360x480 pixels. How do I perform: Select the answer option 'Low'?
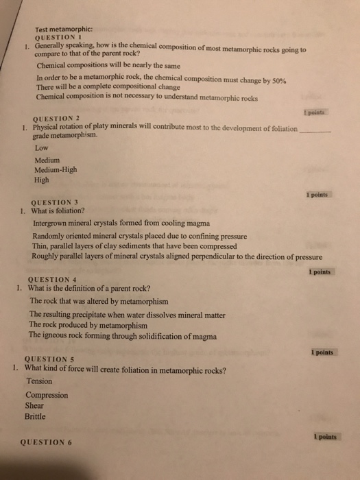[x=41, y=147]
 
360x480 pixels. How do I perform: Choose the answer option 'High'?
[x=42, y=181]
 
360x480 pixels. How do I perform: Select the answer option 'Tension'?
[x=39, y=381]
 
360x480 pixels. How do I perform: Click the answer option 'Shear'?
[x=36, y=405]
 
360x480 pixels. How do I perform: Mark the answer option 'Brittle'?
[x=37, y=416]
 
